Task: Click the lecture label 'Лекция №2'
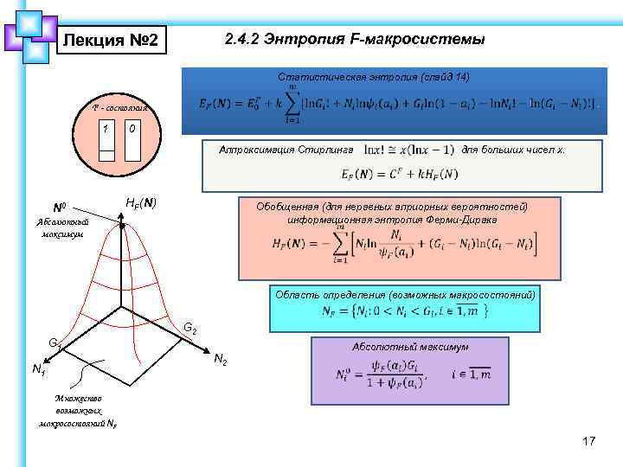tap(111, 40)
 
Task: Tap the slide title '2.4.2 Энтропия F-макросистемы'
tap(354, 40)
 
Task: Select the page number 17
tap(589, 442)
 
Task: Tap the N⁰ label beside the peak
tap(61, 208)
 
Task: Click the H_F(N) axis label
tap(141, 202)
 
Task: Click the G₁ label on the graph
tap(55, 343)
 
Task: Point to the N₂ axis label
tap(221, 359)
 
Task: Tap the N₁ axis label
tap(38, 370)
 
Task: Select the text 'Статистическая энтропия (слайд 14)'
tap(374, 77)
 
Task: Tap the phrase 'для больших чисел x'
tap(513, 150)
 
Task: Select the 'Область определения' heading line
tap(404, 295)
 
